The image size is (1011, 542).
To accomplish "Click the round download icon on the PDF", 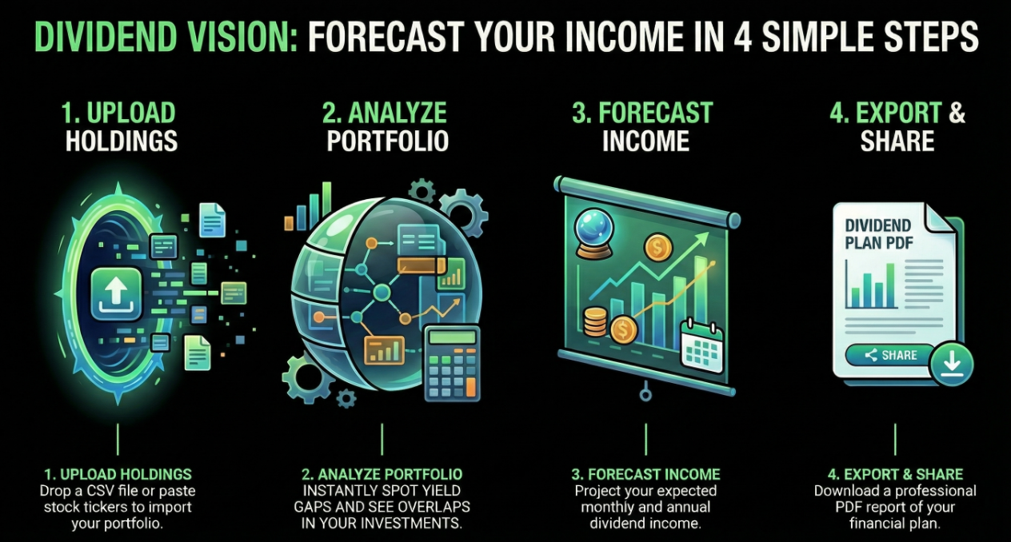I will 952,367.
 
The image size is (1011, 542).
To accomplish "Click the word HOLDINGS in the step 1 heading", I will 122,141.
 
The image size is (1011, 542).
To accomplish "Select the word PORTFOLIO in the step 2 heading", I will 387,141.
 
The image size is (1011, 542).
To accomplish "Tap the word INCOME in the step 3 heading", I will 645,141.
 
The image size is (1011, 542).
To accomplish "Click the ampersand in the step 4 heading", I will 957,114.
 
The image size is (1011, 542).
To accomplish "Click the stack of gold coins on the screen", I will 595,321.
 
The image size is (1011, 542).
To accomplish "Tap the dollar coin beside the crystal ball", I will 659,249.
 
